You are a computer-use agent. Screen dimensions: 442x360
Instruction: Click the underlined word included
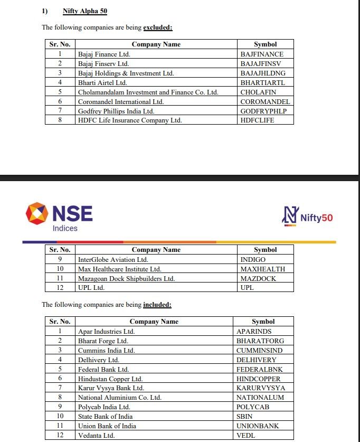pos(157,305)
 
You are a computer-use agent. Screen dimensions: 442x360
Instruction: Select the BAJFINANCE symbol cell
pos(262,54)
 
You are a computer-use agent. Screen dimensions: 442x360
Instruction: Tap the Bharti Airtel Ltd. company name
pos(102,82)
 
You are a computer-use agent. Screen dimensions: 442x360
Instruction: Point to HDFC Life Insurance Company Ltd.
pos(130,120)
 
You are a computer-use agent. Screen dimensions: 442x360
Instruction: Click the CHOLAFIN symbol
pos(258,92)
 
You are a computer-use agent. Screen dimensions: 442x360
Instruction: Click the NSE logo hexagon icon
pos(36,214)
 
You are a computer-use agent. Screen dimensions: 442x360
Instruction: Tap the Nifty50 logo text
pos(317,218)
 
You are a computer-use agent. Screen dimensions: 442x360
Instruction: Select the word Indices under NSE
pos(65,228)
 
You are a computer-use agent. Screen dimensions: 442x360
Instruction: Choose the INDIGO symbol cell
pos(253,259)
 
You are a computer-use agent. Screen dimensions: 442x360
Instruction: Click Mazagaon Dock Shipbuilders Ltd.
pos(126,278)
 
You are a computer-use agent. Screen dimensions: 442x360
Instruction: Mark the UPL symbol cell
pos(247,288)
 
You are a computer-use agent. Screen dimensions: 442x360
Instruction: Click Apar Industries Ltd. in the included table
pos(106,331)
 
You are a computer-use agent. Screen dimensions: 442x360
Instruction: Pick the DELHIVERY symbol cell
pos(257,360)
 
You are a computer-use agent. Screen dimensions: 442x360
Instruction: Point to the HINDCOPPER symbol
pos(259,379)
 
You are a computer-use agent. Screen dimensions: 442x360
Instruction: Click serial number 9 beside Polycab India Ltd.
pos(60,407)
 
